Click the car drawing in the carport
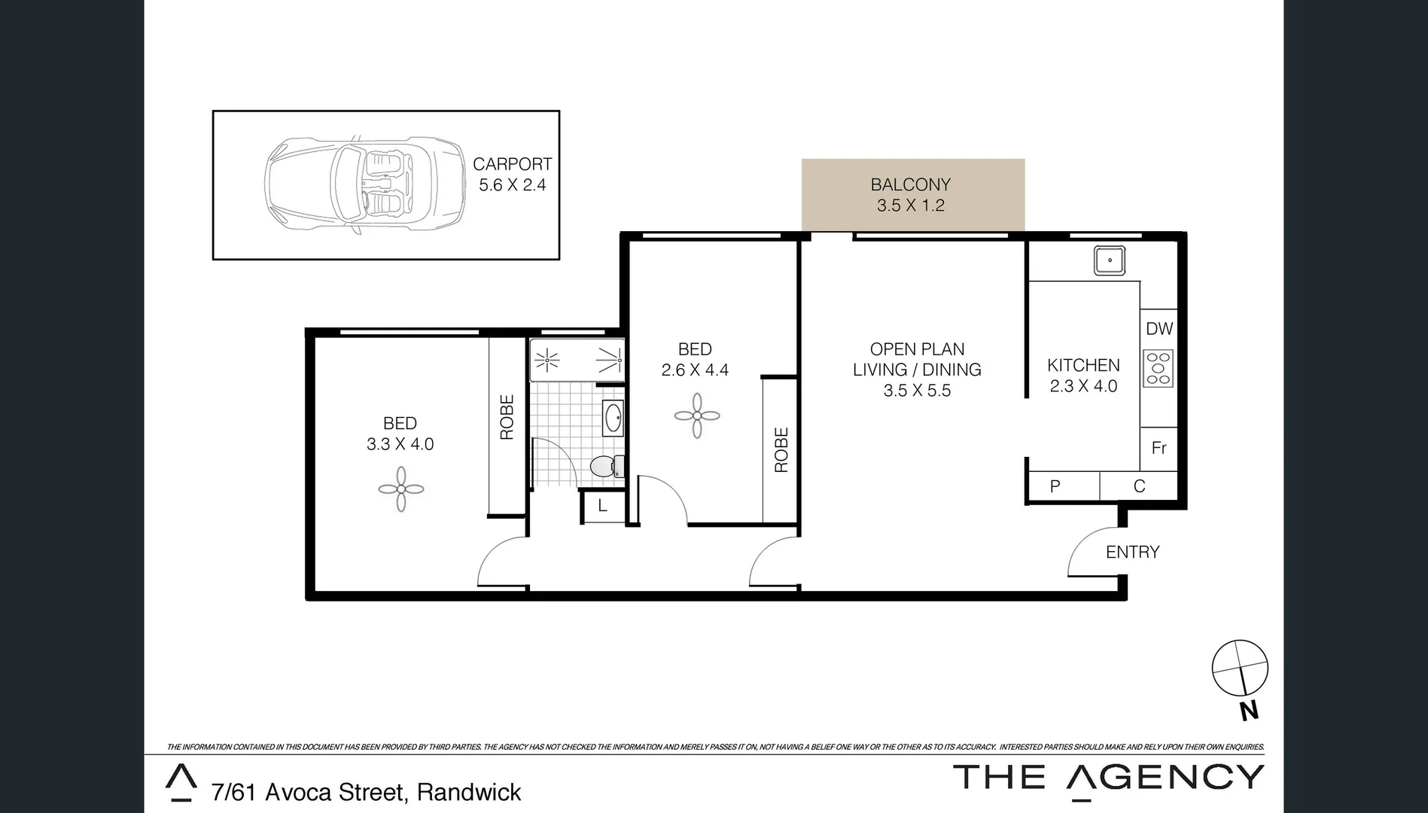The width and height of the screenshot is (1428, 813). [x=364, y=184]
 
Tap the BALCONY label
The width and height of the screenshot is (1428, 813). [x=910, y=184]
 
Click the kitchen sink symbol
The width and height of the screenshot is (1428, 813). [x=1109, y=260]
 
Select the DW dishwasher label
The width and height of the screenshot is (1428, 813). [x=1159, y=329]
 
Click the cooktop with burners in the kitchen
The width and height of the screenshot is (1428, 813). [x=1158, y=369]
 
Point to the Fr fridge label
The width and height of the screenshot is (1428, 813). [x=1159, y=449]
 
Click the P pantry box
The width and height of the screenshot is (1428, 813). [x=1055, y=487]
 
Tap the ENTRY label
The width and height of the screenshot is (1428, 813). [x=1132, y=553]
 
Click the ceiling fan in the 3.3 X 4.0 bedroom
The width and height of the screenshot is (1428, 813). [x=400, y=489]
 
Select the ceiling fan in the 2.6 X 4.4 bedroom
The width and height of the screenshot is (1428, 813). [x=697, y=416]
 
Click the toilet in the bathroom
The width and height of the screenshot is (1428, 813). [x=604, y=466]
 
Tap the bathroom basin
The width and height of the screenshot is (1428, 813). [x=612, y=417]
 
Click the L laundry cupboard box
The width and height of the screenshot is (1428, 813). [x=602, y=507]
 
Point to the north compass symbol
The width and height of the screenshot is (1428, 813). [x=1240, y=668]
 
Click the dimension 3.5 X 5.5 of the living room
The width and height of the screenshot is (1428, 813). [x=917, y=391]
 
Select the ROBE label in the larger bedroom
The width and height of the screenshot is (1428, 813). [x=507, y=417]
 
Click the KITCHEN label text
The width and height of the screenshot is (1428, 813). [x=1083, y=366]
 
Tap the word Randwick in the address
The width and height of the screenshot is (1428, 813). [x=469, y=793]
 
